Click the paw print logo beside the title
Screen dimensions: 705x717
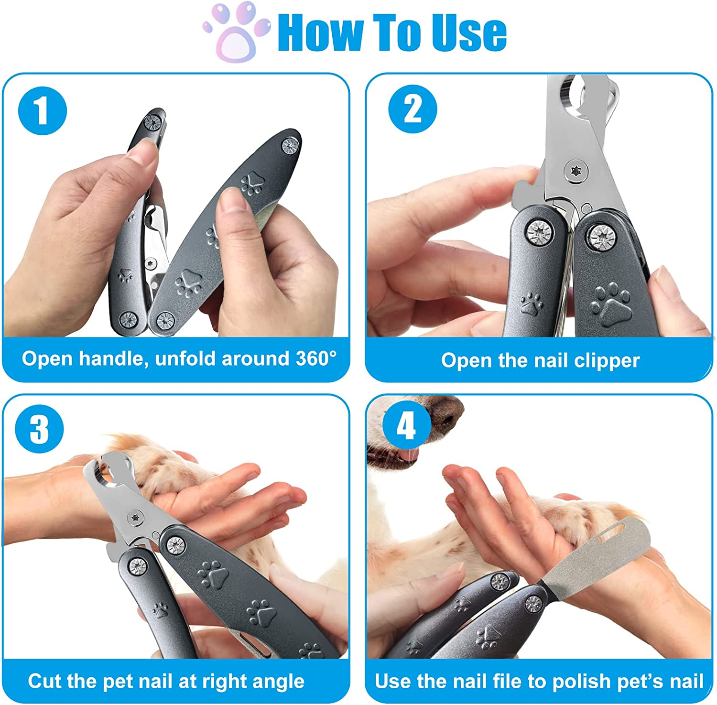(x=236, y=33)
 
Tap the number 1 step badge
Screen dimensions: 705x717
(x=42, y=111)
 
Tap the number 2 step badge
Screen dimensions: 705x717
(x=413, y=109)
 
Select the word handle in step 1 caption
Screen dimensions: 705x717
(x=111, y=358)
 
